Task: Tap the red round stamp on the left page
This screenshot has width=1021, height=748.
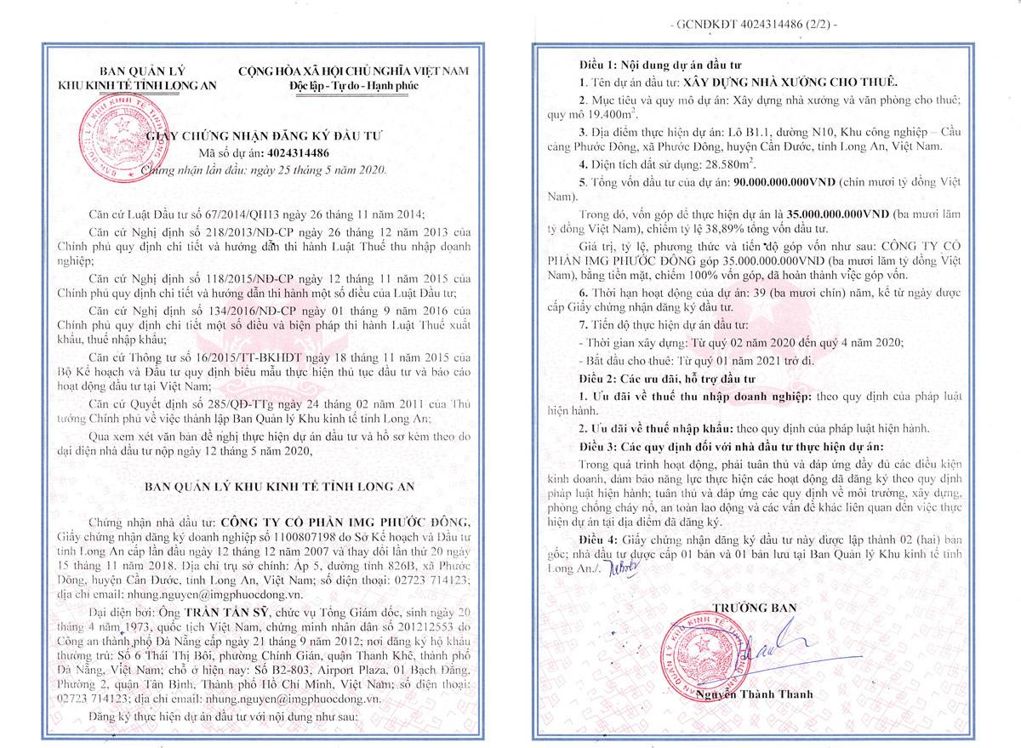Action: click(118, 131)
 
